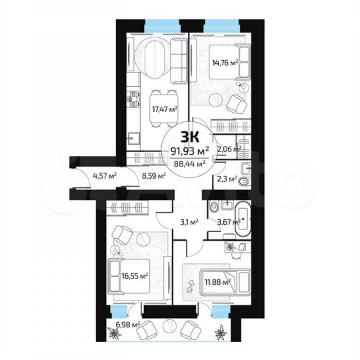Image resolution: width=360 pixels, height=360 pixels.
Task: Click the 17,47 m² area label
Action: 163,108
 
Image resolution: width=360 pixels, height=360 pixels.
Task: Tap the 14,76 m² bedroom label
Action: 225,65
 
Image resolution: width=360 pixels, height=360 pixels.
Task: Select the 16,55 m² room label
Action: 135,274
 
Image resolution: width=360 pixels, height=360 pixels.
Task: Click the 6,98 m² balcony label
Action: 127,325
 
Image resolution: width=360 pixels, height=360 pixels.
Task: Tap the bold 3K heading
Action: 189,137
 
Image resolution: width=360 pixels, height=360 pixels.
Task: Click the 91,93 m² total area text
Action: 190,150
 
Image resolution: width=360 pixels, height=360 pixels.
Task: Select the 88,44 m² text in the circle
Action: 189,161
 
